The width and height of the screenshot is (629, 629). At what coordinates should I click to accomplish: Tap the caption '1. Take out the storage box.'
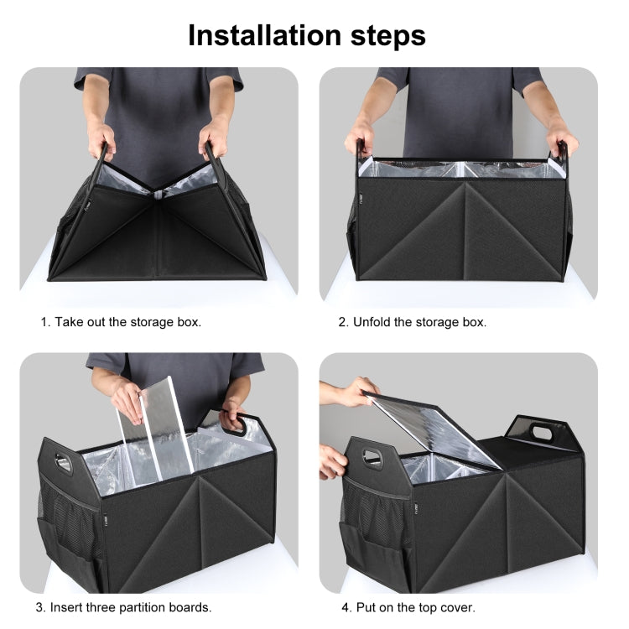coord(122,322)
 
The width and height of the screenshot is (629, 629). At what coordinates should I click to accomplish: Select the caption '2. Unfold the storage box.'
coord(413,322)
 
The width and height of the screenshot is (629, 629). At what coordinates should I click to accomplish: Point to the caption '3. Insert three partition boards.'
coord(124,607)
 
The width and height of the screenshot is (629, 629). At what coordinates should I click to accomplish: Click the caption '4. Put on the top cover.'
coord(408,607)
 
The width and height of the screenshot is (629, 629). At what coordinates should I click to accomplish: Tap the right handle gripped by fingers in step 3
coord(235,420)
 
